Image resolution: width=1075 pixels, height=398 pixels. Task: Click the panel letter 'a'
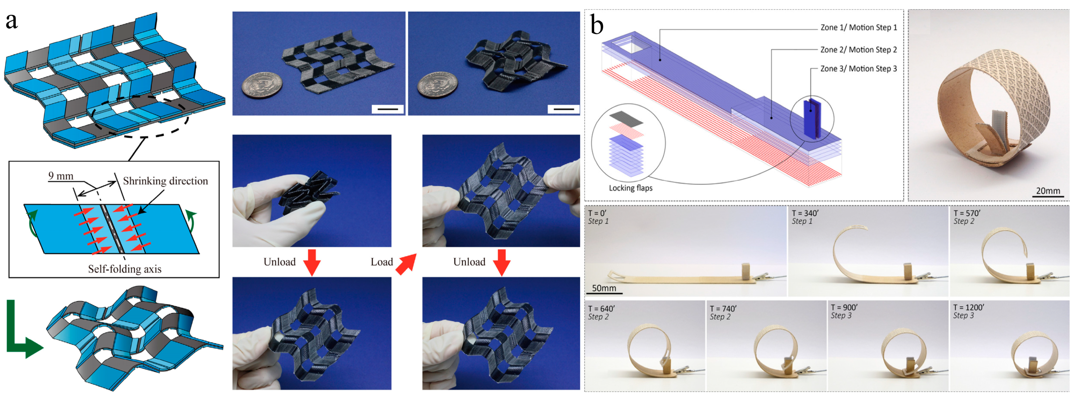(12, 21)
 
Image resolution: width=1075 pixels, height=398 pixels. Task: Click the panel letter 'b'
(597, 25)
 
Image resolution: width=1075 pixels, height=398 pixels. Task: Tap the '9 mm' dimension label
(61, 176)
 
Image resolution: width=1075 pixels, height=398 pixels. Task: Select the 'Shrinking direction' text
(165, 181)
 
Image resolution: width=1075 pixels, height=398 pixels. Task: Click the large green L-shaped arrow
(21, 334)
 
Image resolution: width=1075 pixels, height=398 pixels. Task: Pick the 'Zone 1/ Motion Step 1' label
(858, 27)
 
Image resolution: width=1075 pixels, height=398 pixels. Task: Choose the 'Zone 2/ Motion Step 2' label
(858, 50)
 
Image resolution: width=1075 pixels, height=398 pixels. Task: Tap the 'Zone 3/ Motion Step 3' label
(858, 69)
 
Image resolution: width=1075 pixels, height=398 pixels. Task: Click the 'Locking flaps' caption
(630, 188)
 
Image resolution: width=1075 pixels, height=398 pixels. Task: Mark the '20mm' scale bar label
(1048, 191)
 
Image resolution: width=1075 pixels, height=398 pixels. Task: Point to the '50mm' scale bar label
(604, 288)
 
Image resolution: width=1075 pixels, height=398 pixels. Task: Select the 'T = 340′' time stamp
(805, 213)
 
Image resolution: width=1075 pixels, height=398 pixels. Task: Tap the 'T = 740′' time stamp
(723, 309)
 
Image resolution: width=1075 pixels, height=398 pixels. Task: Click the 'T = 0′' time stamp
(597, 213)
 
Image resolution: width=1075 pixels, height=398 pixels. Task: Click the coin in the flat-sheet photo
(262, 85)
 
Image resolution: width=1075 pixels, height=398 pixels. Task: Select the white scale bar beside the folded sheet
(563, 109)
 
